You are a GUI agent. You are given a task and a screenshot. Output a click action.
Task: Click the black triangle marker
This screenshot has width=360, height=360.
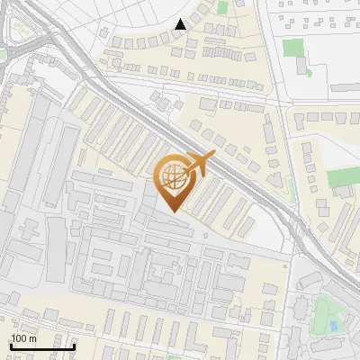(181, 24)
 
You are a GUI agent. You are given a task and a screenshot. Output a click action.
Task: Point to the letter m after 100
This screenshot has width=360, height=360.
(33, 337)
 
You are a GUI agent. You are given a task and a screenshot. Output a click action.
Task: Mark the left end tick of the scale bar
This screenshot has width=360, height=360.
(10, 345)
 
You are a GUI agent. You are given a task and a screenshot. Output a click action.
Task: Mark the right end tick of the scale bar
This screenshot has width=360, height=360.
(74, 345)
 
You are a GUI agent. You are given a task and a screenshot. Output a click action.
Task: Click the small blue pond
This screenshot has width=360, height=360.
(334, 324)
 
